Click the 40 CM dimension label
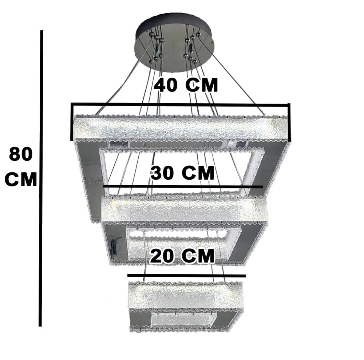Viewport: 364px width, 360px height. pos(186,85)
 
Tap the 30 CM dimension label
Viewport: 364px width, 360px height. pos(182,173)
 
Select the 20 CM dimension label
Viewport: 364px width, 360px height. pos(182,256)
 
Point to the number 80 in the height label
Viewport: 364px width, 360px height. pos(21,155)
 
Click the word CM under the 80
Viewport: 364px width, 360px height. pos(21,179)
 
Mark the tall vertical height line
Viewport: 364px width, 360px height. pos(41,178)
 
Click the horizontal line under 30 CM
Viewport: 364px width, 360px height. pos(183,187)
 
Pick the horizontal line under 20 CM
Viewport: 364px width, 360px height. pos(186,276)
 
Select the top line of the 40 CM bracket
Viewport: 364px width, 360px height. pos(181,105)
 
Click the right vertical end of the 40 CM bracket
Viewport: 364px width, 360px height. pos(289,122)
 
